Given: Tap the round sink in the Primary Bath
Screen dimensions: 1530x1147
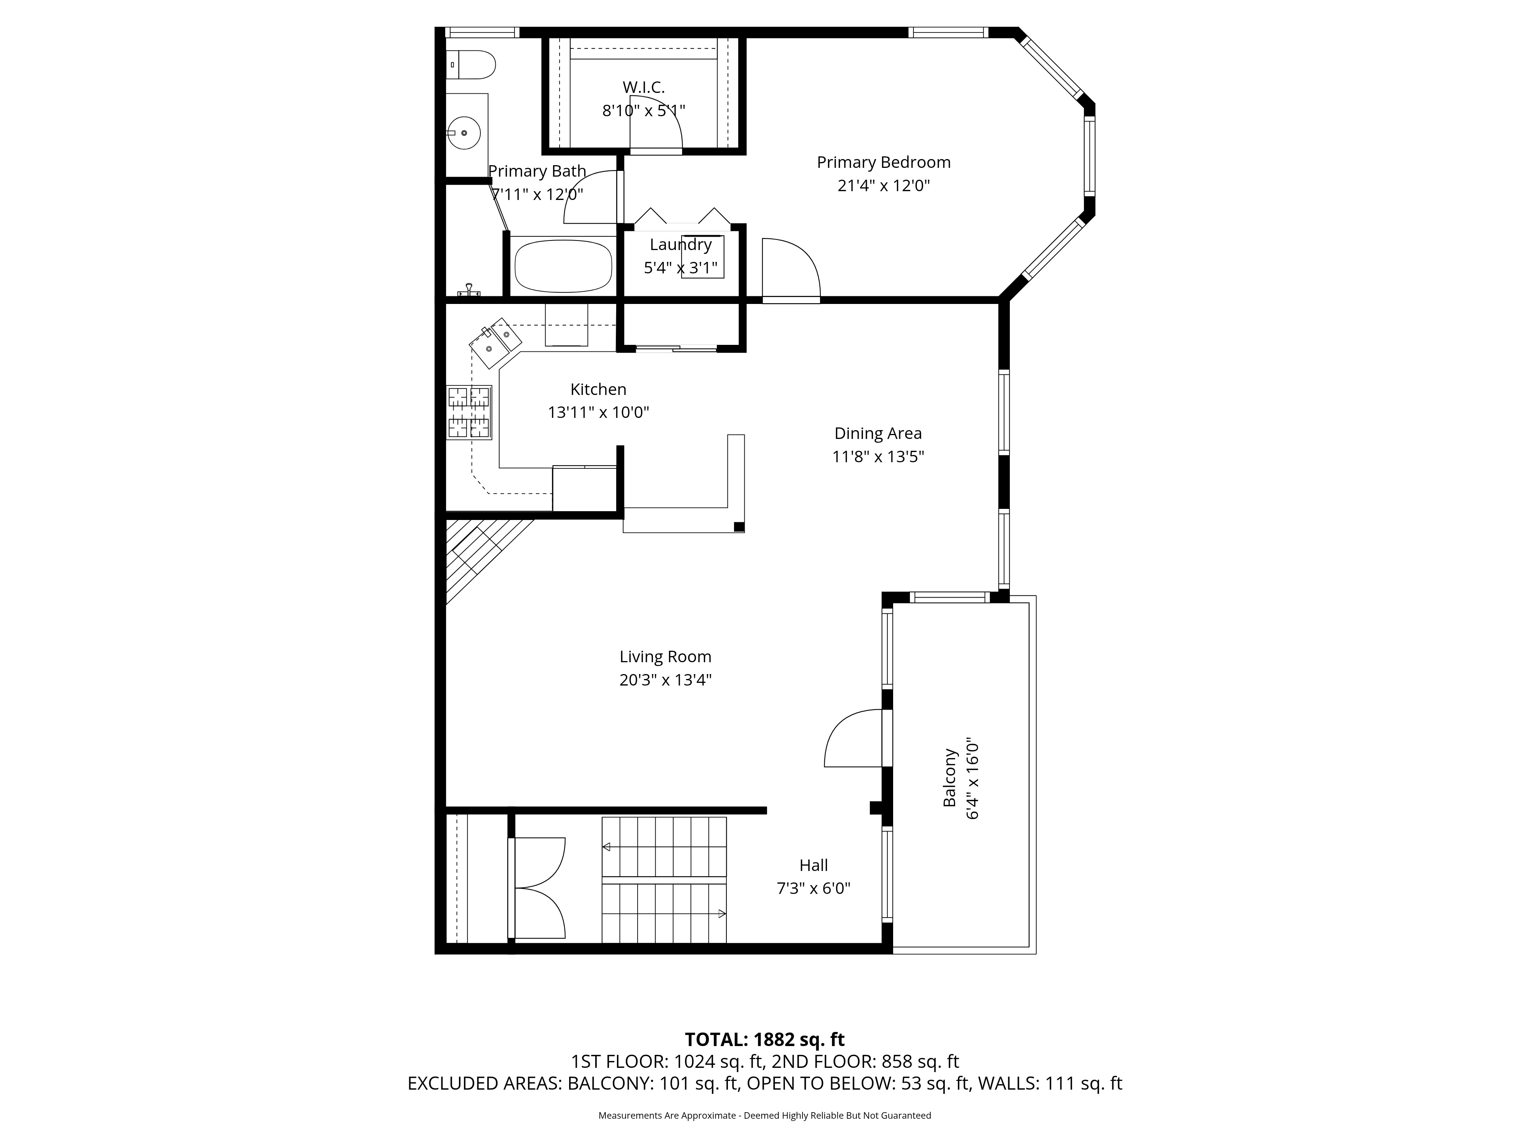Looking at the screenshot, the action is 464,132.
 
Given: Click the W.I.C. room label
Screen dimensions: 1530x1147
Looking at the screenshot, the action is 643,87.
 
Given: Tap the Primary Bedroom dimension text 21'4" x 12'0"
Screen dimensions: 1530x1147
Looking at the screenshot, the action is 883,185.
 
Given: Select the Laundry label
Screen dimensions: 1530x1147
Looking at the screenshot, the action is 680,245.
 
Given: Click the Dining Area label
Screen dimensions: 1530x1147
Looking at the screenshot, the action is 878,434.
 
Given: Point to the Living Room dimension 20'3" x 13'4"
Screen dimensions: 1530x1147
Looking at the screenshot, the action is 666,680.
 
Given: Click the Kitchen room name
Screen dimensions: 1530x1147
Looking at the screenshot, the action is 598,389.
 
